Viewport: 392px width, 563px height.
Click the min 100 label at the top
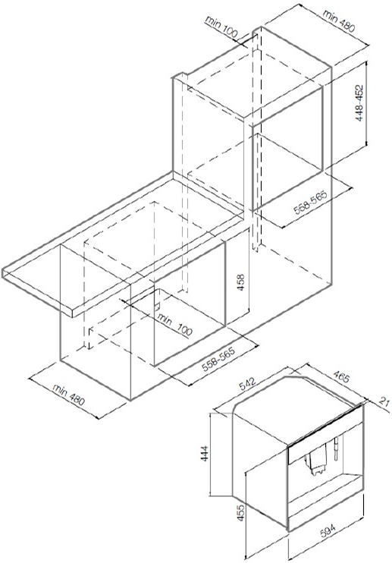click(x=221, y=26)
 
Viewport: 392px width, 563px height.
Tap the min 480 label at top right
click(x=339, y=20)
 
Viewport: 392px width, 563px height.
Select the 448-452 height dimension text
click(x=359, y=102)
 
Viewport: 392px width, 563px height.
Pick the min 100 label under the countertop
click(x=174, y=324)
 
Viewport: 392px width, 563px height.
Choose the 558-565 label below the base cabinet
click(x=219, y=358)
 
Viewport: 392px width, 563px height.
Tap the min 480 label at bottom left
click(x=69, y=395)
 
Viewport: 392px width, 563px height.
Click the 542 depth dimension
click(x=247, y=385)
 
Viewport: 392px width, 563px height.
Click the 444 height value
click(x=205, y=453)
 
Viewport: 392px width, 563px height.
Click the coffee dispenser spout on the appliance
click(x=316, y=464)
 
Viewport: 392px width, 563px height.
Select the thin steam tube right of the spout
click(x=337, y=449)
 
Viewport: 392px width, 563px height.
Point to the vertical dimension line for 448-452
click(x=367, y=103)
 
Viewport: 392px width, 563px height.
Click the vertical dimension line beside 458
click(x=249, y=271)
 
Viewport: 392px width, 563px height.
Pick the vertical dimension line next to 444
click(x=211, y=454)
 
